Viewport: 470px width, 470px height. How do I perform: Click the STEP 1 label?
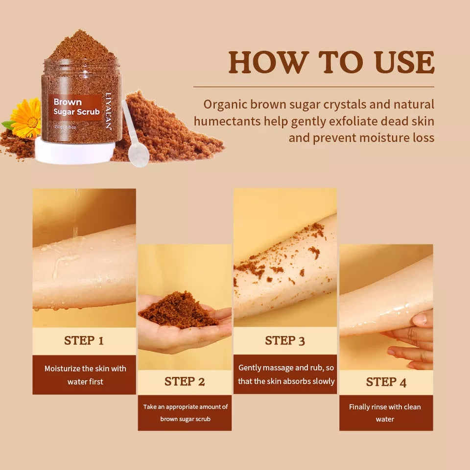(x=84, y=341)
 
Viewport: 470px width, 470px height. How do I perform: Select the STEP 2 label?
(x=185, y=382)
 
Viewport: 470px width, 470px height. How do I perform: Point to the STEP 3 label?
(x=285, y=341)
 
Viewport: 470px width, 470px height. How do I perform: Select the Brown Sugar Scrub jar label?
(x=76, y=107)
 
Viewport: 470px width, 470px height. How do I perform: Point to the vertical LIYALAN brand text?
(x=108, y=112)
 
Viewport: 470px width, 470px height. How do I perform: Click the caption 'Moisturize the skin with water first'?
(x=84, y=375)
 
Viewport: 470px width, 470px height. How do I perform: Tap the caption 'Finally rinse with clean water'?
(x=385, y=413)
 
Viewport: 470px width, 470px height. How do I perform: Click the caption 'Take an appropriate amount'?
(x=185, y=413)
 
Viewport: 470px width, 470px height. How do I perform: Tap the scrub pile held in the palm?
(x=178, y=310)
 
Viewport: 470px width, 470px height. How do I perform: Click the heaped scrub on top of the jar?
(x=81, y=47)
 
